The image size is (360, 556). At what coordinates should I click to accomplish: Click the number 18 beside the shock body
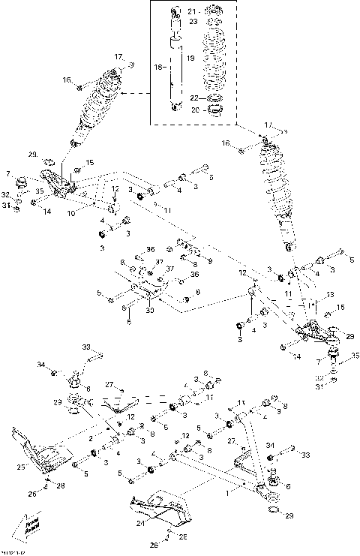tap(158, 68)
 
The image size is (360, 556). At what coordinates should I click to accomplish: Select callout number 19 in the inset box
tap(190, 58)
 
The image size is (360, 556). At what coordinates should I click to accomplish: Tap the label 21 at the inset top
tap(190, 12)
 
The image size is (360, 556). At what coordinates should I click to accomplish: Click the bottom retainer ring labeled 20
tap(213, 110)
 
